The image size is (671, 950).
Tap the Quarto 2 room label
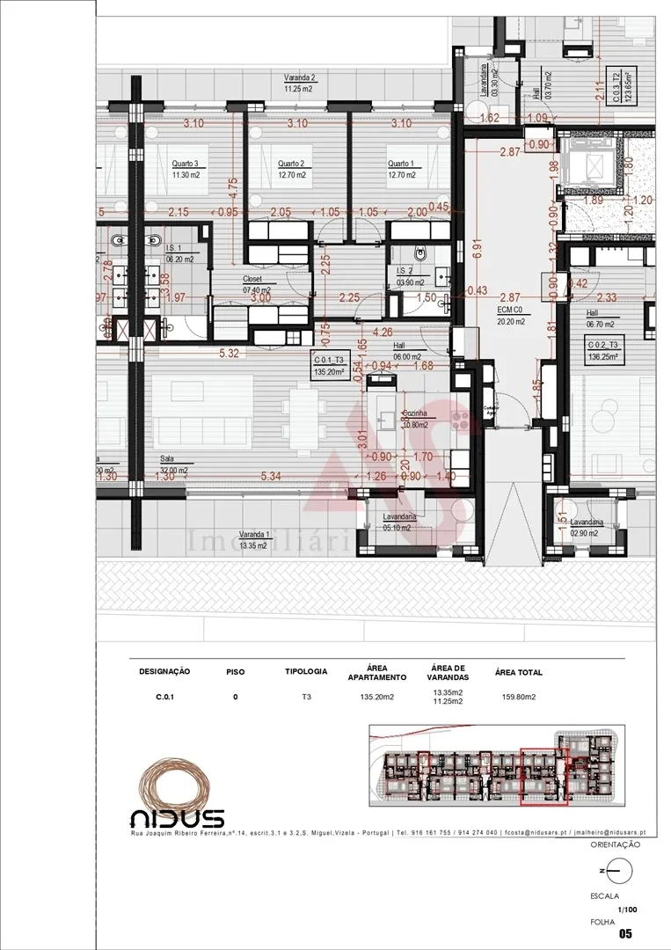coord(291,164)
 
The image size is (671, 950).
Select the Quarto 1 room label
coord(401,164)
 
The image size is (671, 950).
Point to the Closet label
coord(252,279)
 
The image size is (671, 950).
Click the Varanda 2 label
coord(300,78)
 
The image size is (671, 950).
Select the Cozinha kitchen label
coord(414,413)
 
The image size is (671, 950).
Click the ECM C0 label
coord(511,311)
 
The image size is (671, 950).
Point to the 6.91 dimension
coord(477,247)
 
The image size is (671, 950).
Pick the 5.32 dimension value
coord(229,354)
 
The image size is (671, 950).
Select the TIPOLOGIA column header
coord(306,671)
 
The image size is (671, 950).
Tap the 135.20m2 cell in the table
coord(376,697)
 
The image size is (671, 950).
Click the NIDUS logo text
coord(177,817)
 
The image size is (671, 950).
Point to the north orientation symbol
coord(618,871)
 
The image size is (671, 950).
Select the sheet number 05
coord(626,933)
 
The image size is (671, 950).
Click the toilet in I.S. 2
coord(421,253)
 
